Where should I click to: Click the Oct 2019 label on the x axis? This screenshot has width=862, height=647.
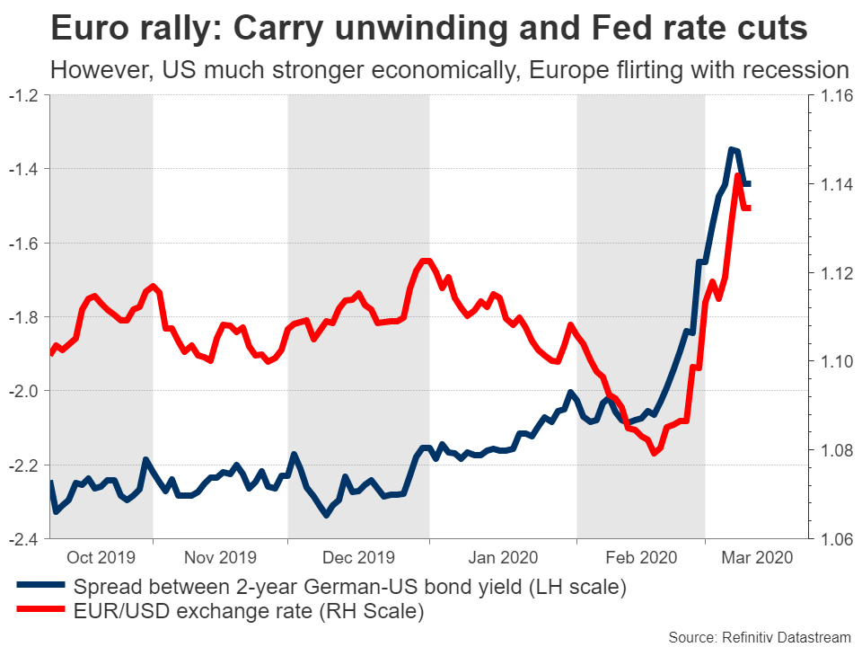click(x=100, y=557)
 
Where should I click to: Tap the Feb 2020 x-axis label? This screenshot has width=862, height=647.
click(x=638, y=557)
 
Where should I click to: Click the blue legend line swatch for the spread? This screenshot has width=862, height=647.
click(x=41, y=587)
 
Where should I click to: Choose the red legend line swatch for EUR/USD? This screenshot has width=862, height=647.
click(x=41, y=613)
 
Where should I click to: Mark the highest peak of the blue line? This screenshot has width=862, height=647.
click(x=732, y=149)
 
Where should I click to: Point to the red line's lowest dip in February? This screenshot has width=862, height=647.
click(x=654, y=453)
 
